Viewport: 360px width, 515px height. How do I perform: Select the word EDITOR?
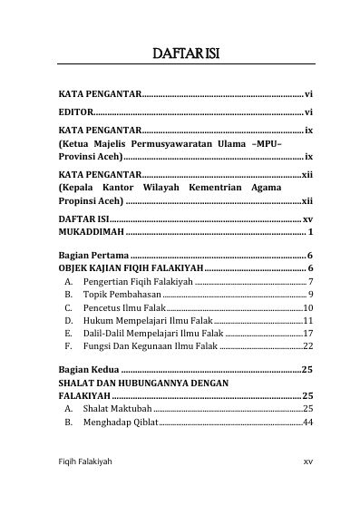pos(74,112)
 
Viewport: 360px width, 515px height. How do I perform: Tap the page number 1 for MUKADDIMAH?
pos(310,233)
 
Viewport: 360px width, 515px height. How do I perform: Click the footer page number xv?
pos(307,487)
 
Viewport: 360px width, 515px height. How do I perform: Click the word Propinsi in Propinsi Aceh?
pos(79,200)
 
